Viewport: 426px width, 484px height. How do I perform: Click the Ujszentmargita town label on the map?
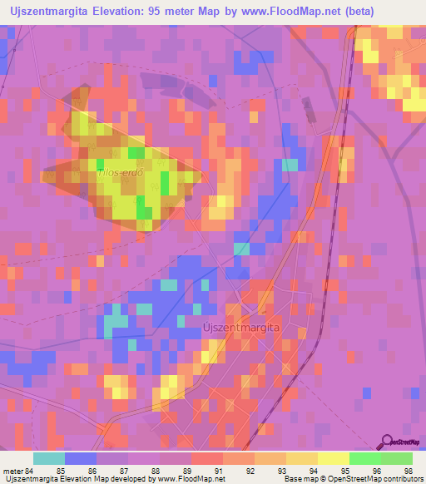point(241,328)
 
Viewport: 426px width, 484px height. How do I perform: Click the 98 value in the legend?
point(407,472)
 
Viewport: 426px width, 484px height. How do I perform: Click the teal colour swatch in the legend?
point(49,458)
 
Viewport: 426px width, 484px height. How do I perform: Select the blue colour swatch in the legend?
point(81,458)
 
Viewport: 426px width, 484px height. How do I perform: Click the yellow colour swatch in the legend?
point(334,458)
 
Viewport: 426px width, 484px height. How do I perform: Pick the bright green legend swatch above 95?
point(364,458)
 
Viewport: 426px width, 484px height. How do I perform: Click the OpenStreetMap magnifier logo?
point(386,442)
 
